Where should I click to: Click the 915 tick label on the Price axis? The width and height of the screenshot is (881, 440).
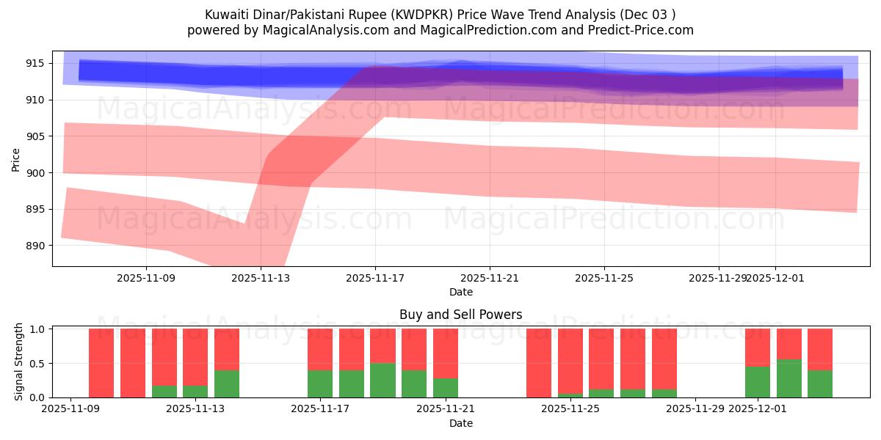(35, 64)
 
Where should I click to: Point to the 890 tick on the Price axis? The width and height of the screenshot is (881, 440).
(35, 246)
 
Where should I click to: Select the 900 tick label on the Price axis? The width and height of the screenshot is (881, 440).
(35, 173)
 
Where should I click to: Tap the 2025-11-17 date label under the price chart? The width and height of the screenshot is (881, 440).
(375, 278)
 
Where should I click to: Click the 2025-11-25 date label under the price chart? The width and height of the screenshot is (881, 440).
(604, 278)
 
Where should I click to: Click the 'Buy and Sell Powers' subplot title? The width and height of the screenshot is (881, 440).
(460, 315)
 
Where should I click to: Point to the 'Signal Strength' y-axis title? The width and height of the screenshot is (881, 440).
(20, 361)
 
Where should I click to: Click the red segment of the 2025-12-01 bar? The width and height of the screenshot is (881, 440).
(758, 347)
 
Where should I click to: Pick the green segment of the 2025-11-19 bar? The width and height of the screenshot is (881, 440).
(383, 380)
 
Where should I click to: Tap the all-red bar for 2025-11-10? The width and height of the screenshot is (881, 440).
(101, 363)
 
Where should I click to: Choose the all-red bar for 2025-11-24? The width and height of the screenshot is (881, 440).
(539, 363)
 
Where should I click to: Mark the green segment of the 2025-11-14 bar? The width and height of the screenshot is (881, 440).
(227, 384)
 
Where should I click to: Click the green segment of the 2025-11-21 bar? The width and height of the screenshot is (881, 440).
(446, 388)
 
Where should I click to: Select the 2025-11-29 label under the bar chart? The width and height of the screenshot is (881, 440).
(695, 409)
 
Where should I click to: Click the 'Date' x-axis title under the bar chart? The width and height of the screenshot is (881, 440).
(460, 423)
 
